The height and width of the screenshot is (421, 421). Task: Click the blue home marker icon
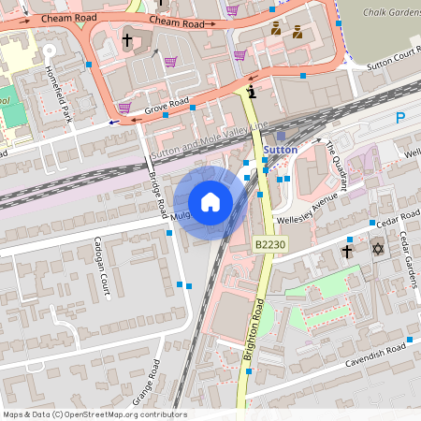[210, 202]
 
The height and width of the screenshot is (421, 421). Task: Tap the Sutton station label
[281, 150]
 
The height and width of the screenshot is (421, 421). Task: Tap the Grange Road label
[148, 381]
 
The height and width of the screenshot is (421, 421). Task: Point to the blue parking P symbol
[401, 118]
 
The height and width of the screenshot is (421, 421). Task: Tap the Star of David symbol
[378, 250]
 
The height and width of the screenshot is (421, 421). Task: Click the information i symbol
[253, 92]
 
